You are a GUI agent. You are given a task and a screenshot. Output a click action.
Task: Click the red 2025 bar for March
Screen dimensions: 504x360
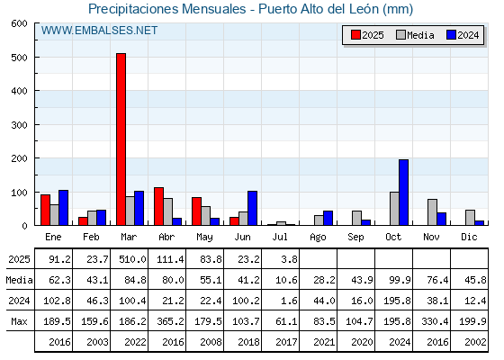[x=121, y=139]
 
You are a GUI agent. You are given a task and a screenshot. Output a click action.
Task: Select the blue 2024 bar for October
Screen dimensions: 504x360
[x=404, y=193]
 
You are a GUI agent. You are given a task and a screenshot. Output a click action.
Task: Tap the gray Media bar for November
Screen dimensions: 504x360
[x=432, y=212]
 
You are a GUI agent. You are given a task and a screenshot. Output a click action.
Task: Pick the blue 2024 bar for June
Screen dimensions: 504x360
[x=252, y=208]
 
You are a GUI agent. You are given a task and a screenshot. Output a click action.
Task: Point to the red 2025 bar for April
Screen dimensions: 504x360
[x=158, y=206]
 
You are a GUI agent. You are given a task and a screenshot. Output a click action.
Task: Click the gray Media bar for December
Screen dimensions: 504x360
[x=470, y=218]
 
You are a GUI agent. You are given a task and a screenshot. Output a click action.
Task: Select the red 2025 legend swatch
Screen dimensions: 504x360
[x=355, y=35]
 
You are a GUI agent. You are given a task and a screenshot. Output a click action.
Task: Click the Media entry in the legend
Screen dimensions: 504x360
[x=415, y=35]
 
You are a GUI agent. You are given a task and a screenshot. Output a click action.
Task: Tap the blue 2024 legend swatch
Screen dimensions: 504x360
[x=451, y=35]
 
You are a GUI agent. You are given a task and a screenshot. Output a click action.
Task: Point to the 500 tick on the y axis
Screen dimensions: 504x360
[x=19, y=58]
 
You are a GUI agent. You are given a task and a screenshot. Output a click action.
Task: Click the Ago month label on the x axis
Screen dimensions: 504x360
[x=318, y=238]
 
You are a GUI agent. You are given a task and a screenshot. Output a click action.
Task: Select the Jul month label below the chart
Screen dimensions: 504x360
[x=280, y=237]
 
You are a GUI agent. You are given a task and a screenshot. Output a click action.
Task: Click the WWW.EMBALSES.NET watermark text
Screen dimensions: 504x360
[x=99, y=31]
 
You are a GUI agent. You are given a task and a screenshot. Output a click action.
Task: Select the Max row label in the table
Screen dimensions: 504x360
[x=19, y=321]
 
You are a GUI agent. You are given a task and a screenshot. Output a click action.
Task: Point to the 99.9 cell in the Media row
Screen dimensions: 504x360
[x=400, y=280]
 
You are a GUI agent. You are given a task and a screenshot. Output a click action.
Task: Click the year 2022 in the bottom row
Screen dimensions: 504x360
[x=135, y=342]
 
